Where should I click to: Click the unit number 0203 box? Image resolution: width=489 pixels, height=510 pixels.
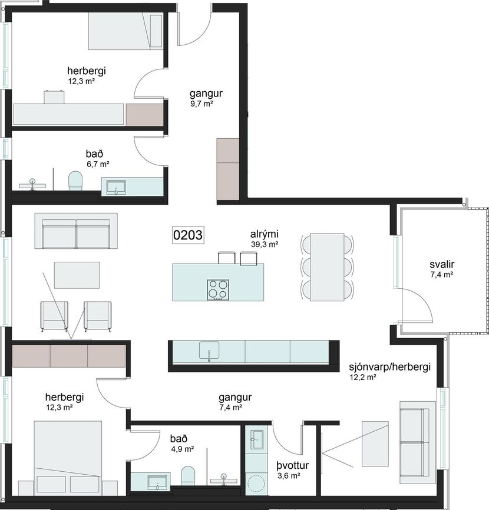coord(188,235)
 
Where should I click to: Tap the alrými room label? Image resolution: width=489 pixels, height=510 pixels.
coord(264,234)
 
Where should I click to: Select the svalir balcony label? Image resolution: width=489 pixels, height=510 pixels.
coord(442,265)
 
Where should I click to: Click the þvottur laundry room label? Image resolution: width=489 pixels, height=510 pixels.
coord(293,466)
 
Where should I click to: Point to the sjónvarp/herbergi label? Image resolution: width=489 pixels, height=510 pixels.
coord(389,367)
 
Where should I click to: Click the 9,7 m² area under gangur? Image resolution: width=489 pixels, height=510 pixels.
coord(201,104)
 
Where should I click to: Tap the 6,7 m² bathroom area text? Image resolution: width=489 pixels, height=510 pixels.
coord(98,164)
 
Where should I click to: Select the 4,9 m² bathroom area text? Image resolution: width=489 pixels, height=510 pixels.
coord(183,449)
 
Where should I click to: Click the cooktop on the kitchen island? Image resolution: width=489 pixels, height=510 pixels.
coord(218,289)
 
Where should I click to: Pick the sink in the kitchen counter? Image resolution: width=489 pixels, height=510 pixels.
coord(209,351)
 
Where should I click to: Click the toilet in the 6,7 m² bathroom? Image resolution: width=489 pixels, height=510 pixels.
coord(75,181)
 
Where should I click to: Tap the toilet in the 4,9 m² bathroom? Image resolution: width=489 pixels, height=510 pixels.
coord(188,476)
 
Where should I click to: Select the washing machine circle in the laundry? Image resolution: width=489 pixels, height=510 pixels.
coord(257,484)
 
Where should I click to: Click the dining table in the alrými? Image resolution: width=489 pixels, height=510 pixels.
coord(327,267)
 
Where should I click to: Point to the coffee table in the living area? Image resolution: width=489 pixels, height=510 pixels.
coord(77,275)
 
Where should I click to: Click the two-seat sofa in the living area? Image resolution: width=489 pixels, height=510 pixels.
coord(76,231)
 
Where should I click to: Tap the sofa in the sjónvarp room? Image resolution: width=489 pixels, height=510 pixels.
coord(418,442)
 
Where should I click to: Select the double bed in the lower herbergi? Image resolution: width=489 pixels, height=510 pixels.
coord(68,458)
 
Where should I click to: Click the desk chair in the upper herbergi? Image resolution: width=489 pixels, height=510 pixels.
coord(54,97)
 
